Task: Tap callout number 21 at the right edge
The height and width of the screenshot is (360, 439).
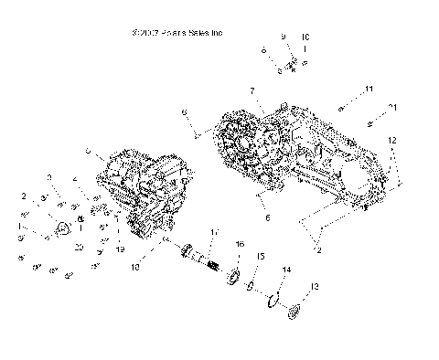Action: point(393,108)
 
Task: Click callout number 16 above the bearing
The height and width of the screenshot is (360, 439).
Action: point(240,246)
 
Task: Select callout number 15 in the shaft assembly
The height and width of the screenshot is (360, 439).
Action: point(261,258)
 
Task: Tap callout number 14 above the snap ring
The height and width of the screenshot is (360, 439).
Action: point(286,270)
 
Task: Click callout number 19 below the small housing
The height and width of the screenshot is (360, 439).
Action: point(119,249)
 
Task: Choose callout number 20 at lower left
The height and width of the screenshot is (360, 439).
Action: point(79,248)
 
